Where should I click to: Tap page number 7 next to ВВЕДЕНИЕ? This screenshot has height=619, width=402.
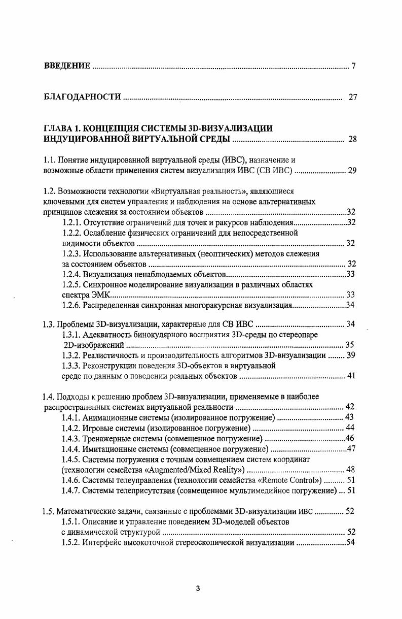[x=353, y=66]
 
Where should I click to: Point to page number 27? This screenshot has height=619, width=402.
[x=353, y=97]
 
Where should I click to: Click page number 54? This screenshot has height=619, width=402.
[x=350, y=543]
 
